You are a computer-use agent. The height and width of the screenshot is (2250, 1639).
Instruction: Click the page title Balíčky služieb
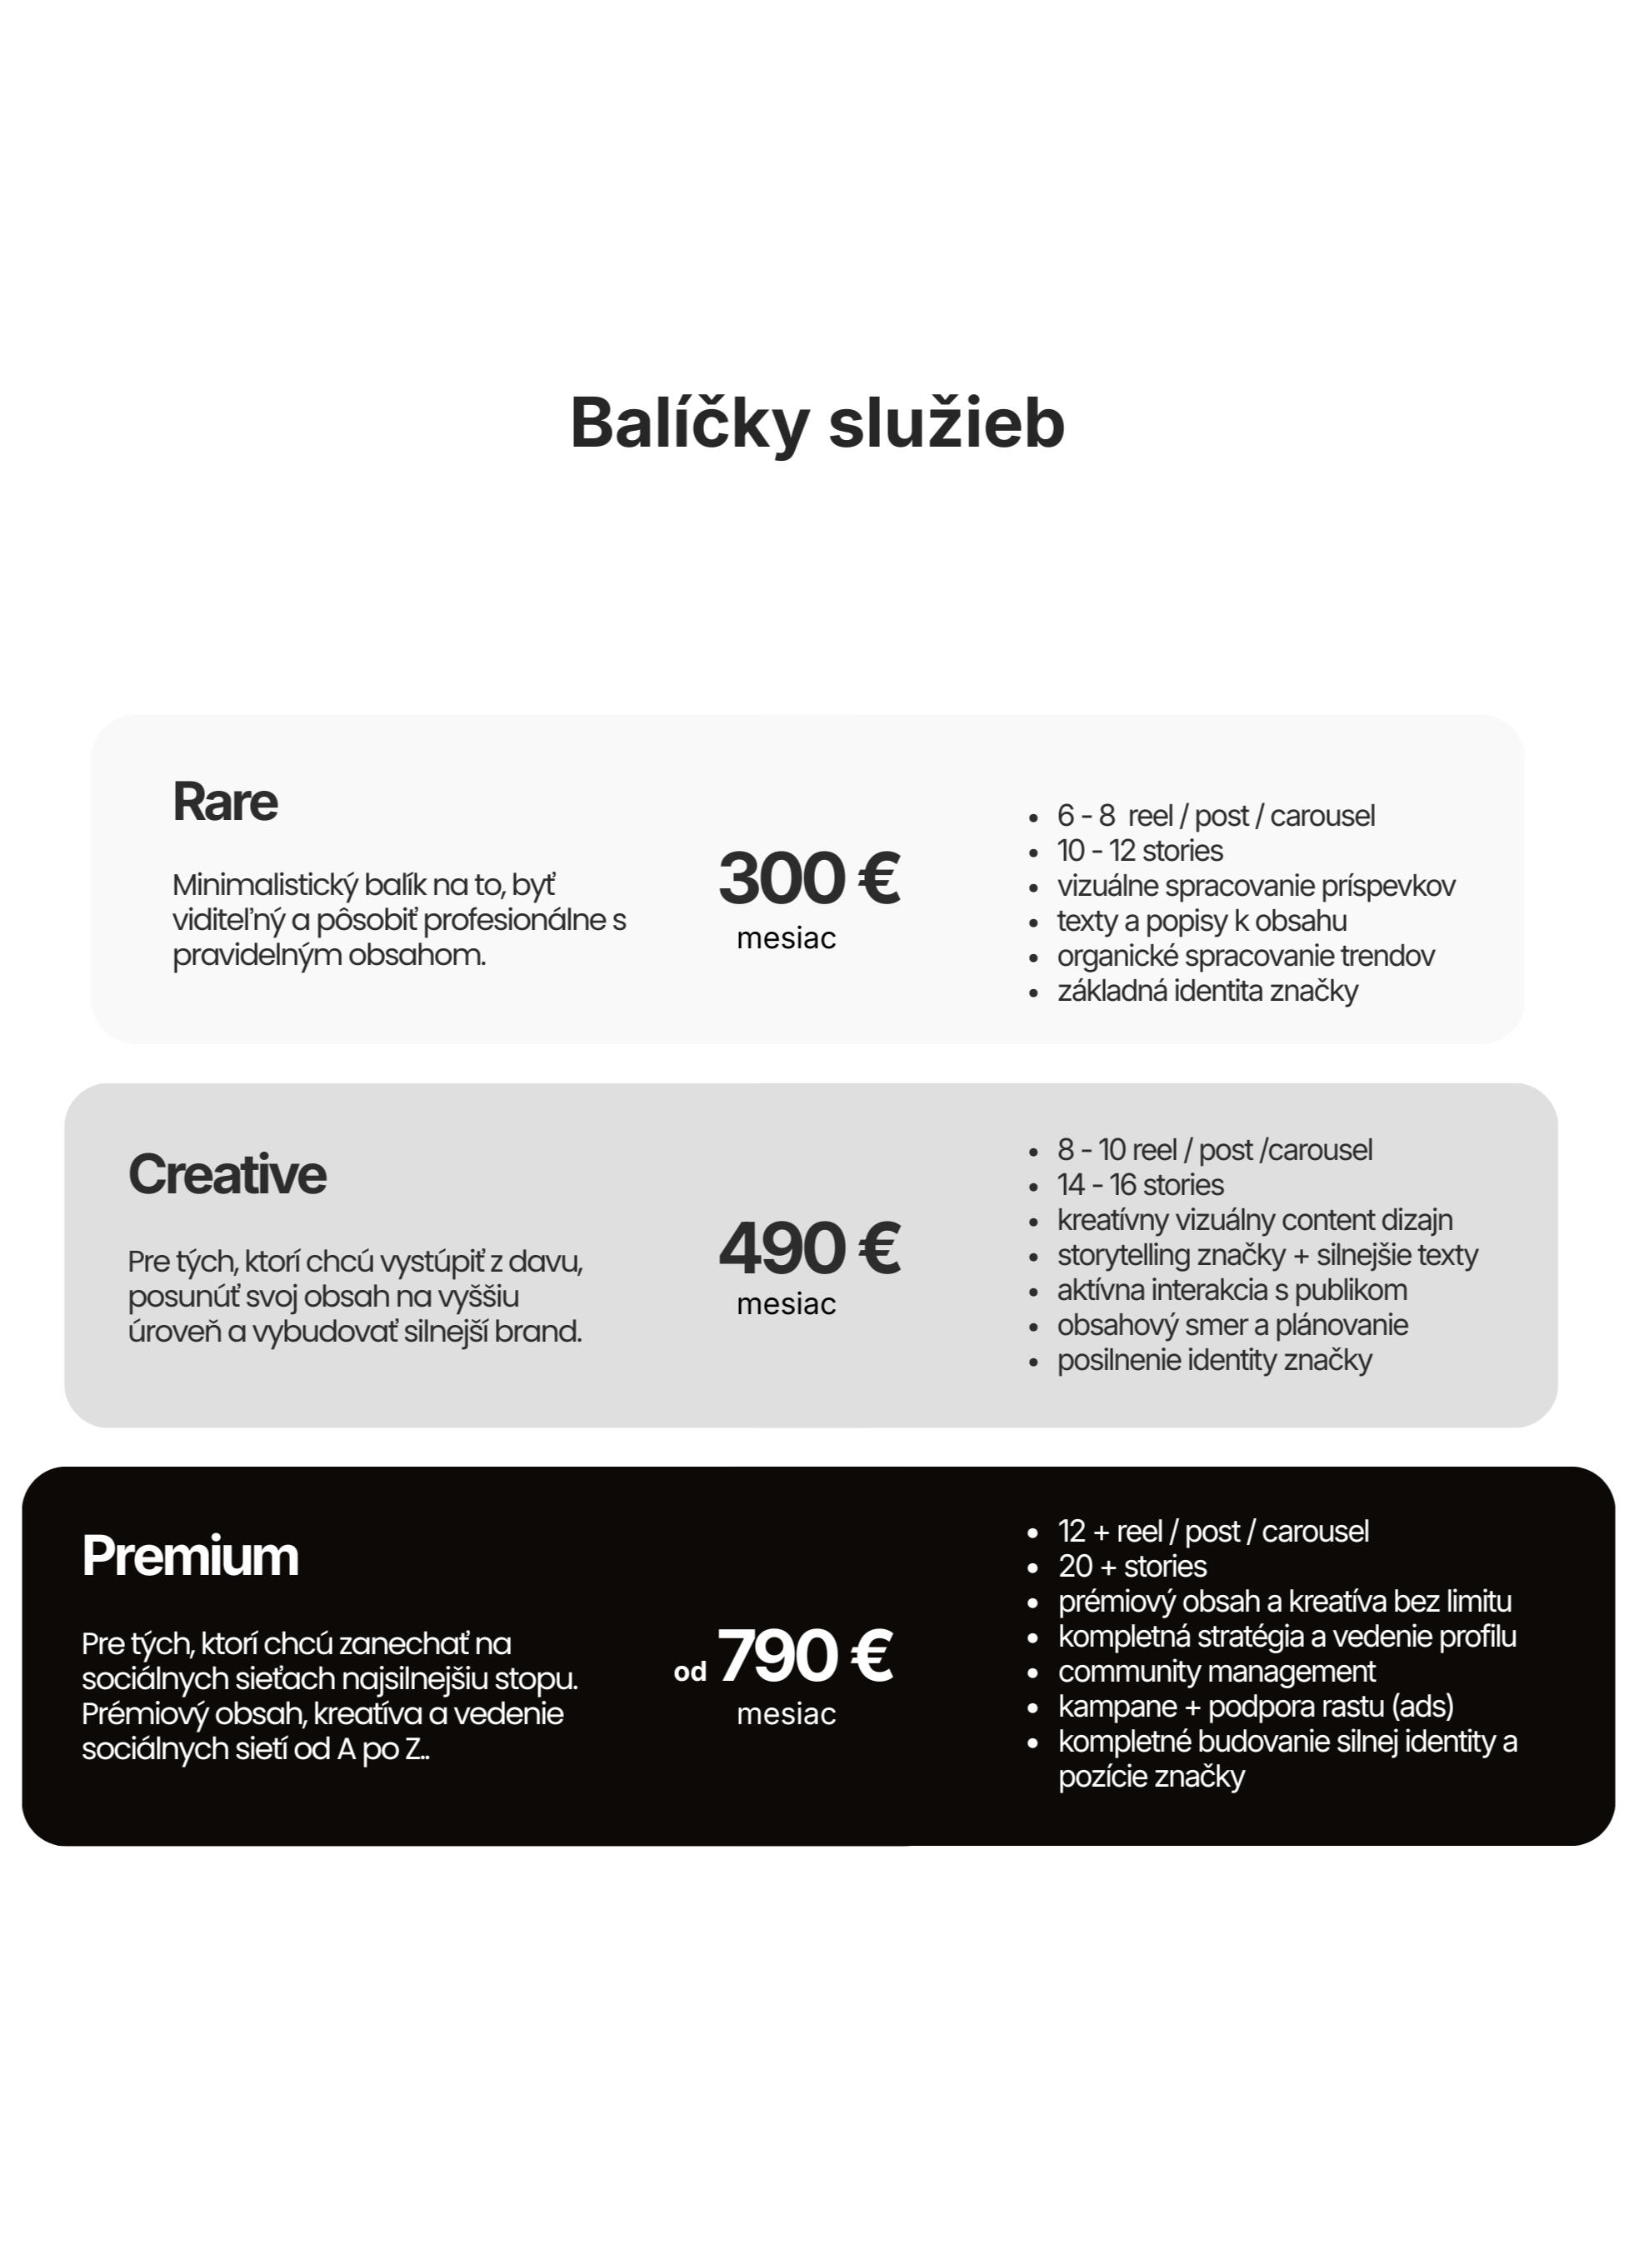(x=817, y=422)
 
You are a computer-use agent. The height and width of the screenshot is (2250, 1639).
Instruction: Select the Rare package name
(x=225, y=802)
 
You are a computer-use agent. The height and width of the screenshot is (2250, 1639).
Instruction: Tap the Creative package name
(x=227, y=1175)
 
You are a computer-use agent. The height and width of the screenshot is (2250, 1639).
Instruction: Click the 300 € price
(x=808, y=878)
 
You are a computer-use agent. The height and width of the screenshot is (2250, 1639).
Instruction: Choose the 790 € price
(x=805, y=1656)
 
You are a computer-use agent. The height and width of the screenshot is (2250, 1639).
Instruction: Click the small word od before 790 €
(x=691, y=1672)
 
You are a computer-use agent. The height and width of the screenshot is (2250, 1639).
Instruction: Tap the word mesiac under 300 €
(x=786, y=938)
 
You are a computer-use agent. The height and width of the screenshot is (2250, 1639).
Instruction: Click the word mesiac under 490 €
(x=786, y=1304)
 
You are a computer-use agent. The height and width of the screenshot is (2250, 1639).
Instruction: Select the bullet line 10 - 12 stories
(x=1140, y=851)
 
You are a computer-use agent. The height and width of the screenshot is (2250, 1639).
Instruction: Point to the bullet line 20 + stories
(x=1132, y=1567)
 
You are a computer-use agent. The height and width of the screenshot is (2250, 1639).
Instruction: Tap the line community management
(x=1217, y=1672)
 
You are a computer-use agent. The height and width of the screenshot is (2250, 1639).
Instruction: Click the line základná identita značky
(x=1207, y=991)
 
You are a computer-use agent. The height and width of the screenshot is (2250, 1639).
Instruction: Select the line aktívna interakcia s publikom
(x=1232, y=1290)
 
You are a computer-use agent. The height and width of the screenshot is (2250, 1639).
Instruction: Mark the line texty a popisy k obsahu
(x=1202, y=921)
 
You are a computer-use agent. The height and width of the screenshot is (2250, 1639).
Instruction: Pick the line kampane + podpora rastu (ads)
(x=1255, y=1707)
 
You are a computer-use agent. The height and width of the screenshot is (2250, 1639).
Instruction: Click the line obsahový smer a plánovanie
(x=1232, y=1325)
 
